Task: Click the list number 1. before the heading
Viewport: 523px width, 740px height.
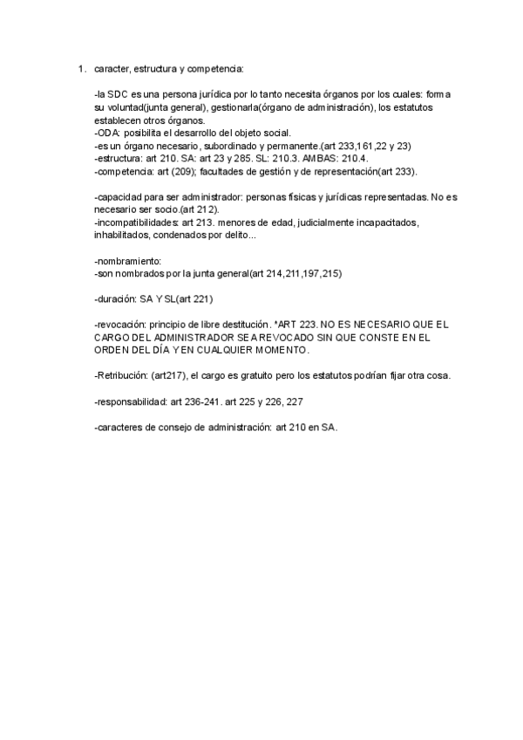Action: pos(81,68)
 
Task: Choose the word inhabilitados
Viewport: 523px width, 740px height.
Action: pos(121,236)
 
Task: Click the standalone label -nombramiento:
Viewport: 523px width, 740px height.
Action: pos(127,262)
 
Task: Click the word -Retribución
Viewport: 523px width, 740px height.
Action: pos(119,376)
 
